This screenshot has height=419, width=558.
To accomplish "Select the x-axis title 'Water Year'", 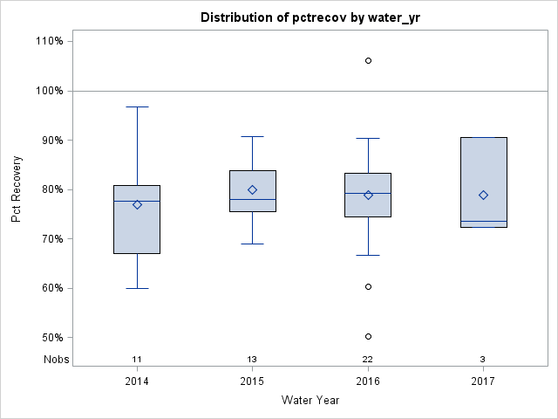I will pos(310,401).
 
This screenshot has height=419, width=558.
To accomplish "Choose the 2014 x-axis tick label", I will pos(137,381).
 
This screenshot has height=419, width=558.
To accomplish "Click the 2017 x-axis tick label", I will pos(483,381).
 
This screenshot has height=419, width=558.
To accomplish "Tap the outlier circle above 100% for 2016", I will pos(368,61).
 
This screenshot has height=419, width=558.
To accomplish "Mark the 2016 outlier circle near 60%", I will pos(368,286).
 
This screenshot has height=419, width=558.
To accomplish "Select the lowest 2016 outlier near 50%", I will pos(368,336).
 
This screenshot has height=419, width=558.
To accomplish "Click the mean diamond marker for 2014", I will pos(137,204).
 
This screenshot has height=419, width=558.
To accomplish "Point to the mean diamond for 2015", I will pos(252,189).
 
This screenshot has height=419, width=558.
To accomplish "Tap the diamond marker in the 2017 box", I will pos(483,195).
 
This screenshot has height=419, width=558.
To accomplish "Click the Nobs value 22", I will pos(368,360).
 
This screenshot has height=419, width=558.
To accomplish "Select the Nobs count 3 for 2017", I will pos(483,360).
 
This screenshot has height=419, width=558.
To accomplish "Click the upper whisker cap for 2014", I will pos(137,106).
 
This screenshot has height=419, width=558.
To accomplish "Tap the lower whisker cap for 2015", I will pos(252,244).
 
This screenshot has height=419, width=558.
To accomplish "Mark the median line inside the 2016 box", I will pos(368,193).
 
